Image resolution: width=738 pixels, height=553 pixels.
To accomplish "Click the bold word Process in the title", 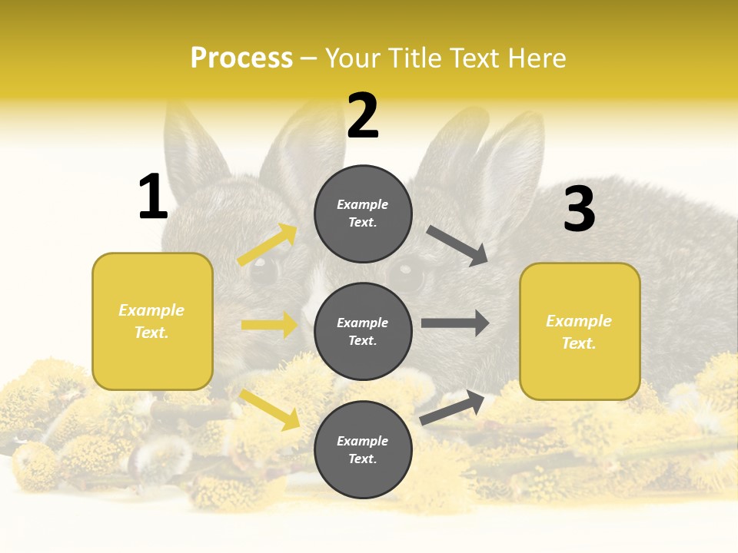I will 241,58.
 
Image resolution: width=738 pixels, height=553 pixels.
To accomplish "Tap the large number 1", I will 153,197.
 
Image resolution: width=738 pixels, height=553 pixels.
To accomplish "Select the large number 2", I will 363,116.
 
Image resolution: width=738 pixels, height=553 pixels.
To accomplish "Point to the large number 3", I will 579,210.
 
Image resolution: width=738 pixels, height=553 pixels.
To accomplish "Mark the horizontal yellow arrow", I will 269,325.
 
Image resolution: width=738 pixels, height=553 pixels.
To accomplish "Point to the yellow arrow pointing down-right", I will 270,409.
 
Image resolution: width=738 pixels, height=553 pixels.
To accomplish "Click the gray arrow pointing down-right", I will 458,246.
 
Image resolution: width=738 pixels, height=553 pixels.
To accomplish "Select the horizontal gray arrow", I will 455,323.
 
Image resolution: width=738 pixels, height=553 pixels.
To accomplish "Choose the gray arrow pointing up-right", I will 453,407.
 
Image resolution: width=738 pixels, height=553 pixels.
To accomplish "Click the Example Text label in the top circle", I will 363,214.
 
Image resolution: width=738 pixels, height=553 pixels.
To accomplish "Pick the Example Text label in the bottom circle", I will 363,450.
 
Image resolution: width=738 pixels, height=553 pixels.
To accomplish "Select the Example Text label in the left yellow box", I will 152,321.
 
